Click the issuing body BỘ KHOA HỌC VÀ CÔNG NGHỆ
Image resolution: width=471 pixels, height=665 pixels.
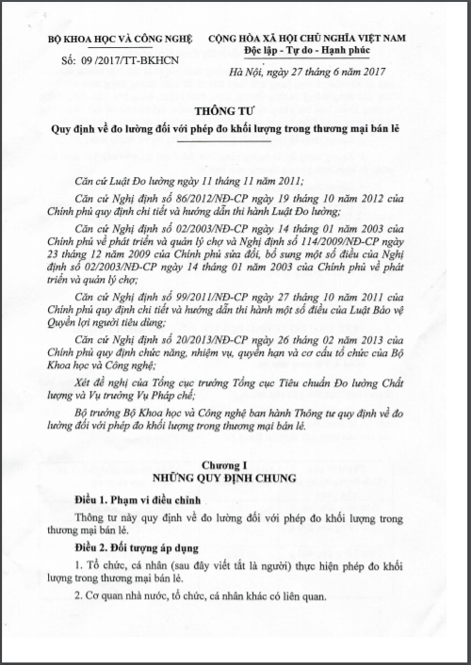pyautogui.click(x=118, y=41)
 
